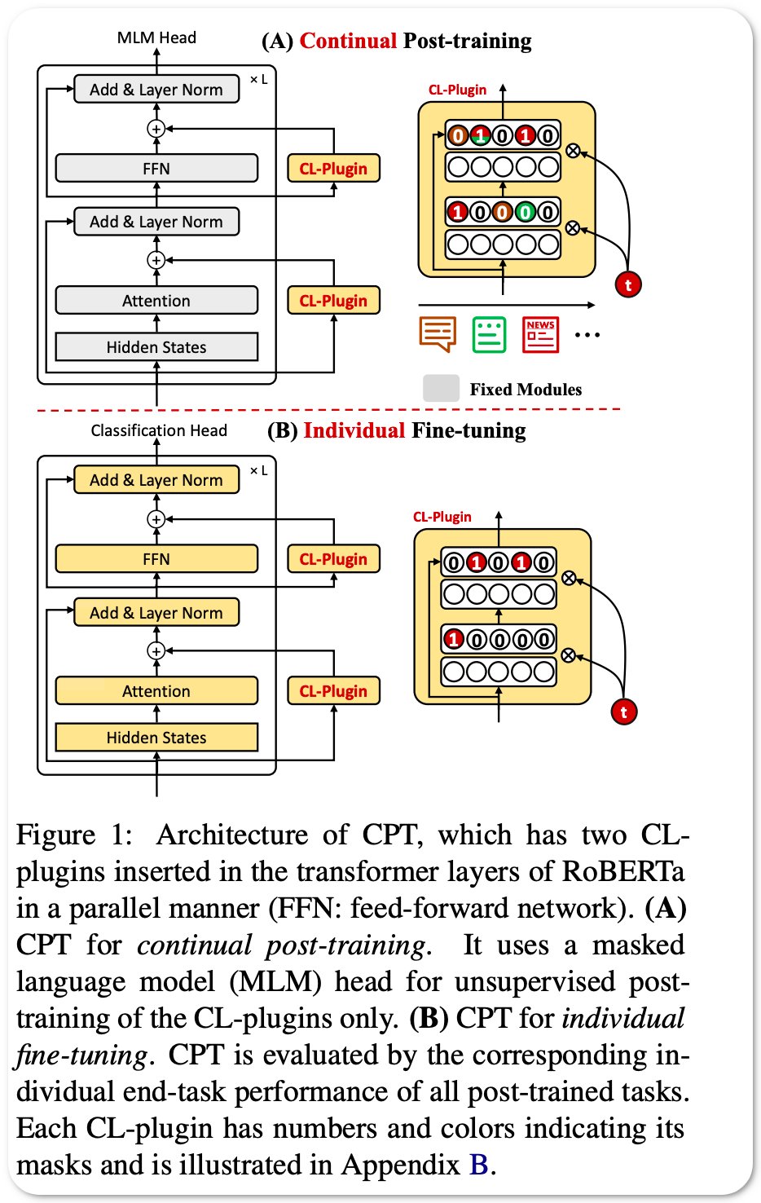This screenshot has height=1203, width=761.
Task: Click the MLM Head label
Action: pyautogui.click(x=156, y=37)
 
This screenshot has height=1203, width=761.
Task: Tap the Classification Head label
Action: pyautogui.click(x=159, y=430)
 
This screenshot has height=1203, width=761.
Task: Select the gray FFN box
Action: pyautogui.click(x=156, y=169)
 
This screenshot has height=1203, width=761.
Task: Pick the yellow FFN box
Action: pyautogui.click(x=156, y=559)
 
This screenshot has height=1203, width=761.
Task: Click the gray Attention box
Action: pyautogui.click(x=156, y=301)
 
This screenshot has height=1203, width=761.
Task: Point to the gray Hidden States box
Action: pyautogui.click(x=156, y=347)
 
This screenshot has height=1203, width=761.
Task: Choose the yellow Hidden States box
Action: pyautogui.click(x=156, y=738)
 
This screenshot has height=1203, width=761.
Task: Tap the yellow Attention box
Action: pyautogui.click(x=156, y=691)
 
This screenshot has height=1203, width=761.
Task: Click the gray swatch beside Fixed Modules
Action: pyautogui.click(x=441, y=389)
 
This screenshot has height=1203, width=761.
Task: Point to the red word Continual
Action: pyautogui.click(x=348, y=41)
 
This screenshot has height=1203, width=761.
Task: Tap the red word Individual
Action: pyautogui.click(x=354, y=430)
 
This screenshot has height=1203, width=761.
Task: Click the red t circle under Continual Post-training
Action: pyautogui.click(x=627, y=284)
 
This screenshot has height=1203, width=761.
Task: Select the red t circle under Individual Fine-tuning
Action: pyautogui.click(x=623, y=712)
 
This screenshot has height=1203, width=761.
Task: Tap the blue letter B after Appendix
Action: pyautogui.click(x=478, y=1165)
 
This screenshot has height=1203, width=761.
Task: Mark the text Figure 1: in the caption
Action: pyautogui.click(x=73, y=835)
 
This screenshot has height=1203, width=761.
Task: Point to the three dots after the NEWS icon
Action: pyautogui.click(x=587, y=335)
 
